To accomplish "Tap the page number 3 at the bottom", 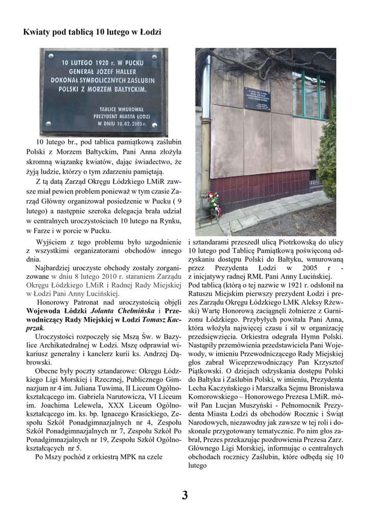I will coord(185,495).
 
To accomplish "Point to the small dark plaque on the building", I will coord(260,98).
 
